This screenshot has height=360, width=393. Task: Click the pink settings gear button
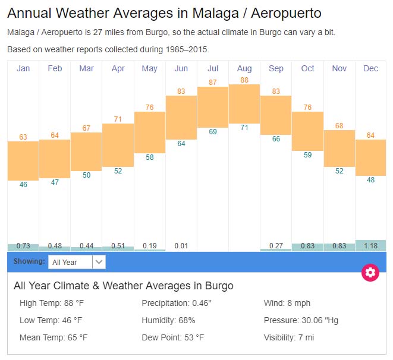370,273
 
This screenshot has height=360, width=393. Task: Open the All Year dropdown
77,262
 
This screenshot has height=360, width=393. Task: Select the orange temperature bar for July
213,107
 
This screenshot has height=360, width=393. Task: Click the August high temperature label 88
244,80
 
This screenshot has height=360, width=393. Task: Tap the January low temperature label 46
23,185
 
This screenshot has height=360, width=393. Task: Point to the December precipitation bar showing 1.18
370,245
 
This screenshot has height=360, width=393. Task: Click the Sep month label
276,68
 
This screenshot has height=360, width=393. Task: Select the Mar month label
86,68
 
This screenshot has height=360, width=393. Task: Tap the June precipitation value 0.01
181,245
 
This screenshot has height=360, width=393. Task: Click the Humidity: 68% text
168,320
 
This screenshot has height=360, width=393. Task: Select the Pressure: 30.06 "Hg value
301,320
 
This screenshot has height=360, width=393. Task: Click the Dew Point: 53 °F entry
172,337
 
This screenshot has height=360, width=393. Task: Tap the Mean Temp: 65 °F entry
54,337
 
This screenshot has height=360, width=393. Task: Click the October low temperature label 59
307,155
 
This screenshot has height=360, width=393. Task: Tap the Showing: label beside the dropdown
29,261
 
